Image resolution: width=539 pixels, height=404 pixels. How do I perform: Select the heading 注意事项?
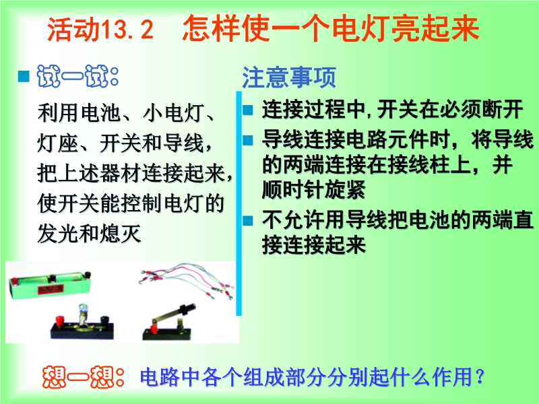[x=289, y=77]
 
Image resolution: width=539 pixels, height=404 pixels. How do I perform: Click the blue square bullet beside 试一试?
[x=24, y=76]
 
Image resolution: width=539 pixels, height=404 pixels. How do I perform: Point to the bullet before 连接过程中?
[x=247, y=110]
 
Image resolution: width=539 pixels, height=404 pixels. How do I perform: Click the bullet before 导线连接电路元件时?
[x=247, y=140]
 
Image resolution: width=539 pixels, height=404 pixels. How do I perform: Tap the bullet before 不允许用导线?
[x=247, y=220]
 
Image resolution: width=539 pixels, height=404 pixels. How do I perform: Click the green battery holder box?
[x=51, y=284]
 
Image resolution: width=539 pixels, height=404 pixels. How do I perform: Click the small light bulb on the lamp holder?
[x=83, y=309]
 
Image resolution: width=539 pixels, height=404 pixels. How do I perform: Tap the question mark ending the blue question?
[x=480, y=376]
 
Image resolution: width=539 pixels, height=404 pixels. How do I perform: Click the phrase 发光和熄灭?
[x=90, y=234]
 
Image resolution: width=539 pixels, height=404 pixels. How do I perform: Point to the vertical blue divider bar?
[x=239, y=203]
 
